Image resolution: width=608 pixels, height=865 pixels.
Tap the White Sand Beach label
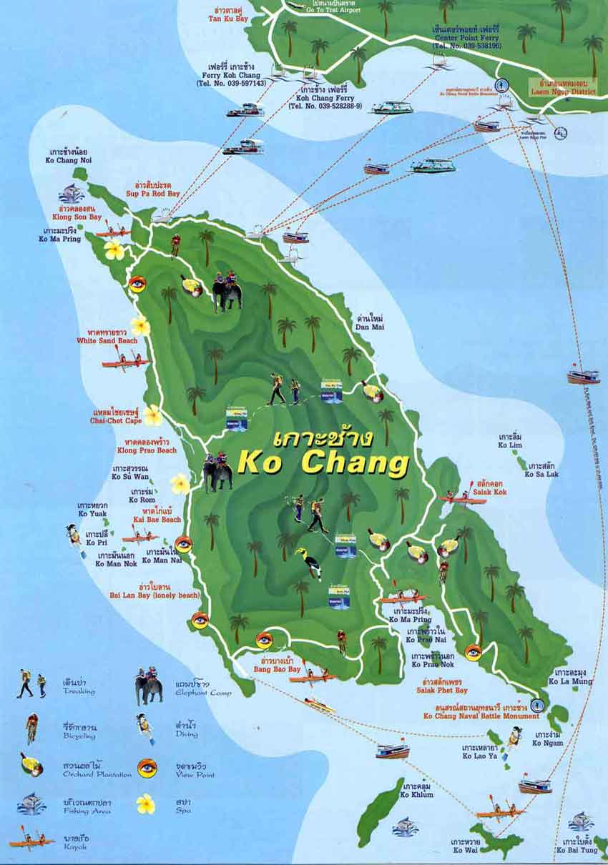107,337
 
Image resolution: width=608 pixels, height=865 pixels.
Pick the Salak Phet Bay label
442,686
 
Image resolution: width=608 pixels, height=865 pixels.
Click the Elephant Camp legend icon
149,687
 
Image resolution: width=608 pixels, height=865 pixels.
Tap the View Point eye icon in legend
147,768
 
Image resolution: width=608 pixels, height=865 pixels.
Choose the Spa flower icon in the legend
146,804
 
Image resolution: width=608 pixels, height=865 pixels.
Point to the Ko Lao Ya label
479,751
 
